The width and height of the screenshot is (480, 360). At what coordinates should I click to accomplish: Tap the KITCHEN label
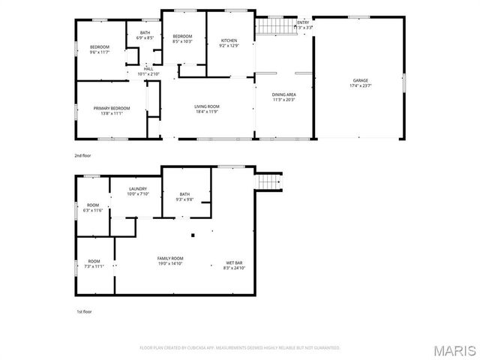click(x=229, y=40)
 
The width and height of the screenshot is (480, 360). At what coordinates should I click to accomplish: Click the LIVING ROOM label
click(x=207, y=106)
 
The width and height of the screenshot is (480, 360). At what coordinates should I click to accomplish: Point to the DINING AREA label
click(x=283, y=94)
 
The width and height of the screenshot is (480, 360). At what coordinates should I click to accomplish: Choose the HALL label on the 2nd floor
click(x=148, y=68)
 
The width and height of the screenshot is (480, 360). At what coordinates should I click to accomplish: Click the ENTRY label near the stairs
click(x=302, y=22)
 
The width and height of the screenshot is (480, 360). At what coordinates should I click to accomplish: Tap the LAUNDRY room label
click(x=137, y=188)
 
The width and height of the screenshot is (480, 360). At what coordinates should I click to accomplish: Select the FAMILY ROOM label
click(x=170, y=258)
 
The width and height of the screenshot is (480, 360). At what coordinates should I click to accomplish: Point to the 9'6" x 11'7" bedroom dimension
click(x=100, y=52)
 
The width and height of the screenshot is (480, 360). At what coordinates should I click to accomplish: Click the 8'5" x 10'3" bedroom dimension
click(x=182, y=42)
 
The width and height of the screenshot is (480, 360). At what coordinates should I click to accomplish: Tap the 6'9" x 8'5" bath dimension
click(x=145, y=37)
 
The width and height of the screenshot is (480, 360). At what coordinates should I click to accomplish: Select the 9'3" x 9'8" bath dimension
click(x=184, y=199)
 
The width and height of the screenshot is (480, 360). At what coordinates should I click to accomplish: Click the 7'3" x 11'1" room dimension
click(x=94, y=266)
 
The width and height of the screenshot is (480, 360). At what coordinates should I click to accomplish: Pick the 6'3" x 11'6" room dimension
click(x=93, y=210)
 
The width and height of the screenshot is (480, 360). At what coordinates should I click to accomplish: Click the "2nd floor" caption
click(x=82, y=155)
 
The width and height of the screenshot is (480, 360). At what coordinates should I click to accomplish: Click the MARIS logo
click(x=454, y=349)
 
